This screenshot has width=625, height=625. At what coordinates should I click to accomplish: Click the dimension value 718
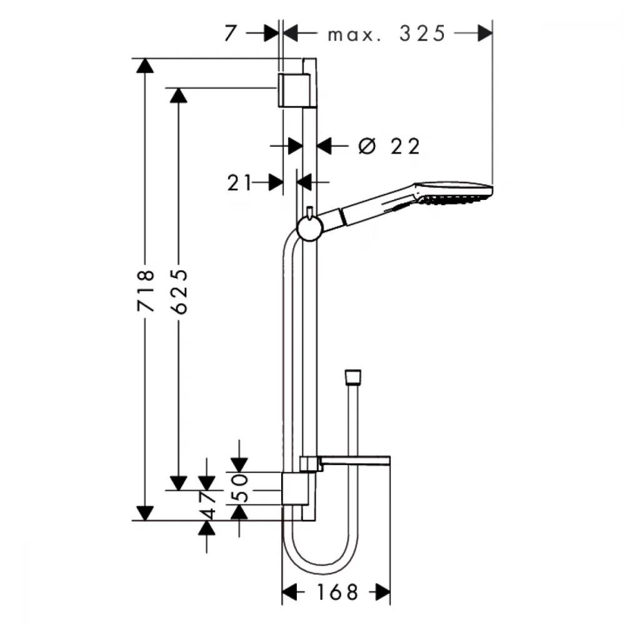pyautogui.click(x=145, y=291)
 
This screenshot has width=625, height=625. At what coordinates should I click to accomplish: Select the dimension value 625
pyautogui.click(x=179, y=291)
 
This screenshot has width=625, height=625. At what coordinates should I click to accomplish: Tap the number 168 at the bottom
pyautogui.click(x=337, y=592)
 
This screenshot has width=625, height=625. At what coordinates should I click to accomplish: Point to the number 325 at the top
pyautogui.click(x=422, y=34)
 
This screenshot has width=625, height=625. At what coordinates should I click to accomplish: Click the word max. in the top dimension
pyautogui.click(x=354, y=36)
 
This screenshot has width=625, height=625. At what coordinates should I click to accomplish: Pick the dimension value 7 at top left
pyautogui.click(x=231, y=33)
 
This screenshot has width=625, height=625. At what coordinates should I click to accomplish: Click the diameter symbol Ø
pyautogui.click(x=367, y=146)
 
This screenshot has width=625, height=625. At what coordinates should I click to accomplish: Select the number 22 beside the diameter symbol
pyautogui.click(x=405, y=146)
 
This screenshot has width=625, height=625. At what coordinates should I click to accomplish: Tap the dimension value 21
pyautogui.click(x=239, y=183)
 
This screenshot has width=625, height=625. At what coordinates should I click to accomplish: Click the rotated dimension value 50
pyautogui.click(x=240, y=487)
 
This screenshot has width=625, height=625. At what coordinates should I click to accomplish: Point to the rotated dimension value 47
pyautogui.click(x=208, y=505)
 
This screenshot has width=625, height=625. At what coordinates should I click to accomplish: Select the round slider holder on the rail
pyautogui.click(x=310, y=229)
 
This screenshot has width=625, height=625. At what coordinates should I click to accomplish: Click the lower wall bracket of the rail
pyautogui.click(x=296, y=489)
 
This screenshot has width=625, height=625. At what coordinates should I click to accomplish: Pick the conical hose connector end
pyautogui.click(x=352, y=377)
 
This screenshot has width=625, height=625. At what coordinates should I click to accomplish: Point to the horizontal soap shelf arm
pyautogui.click(x=355, y=460)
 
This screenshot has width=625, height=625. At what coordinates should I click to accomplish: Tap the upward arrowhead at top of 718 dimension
pyautogui.click(x=145, y=66)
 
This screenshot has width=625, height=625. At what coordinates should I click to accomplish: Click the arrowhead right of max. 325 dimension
pyautogui.click(x=485, y=33)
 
